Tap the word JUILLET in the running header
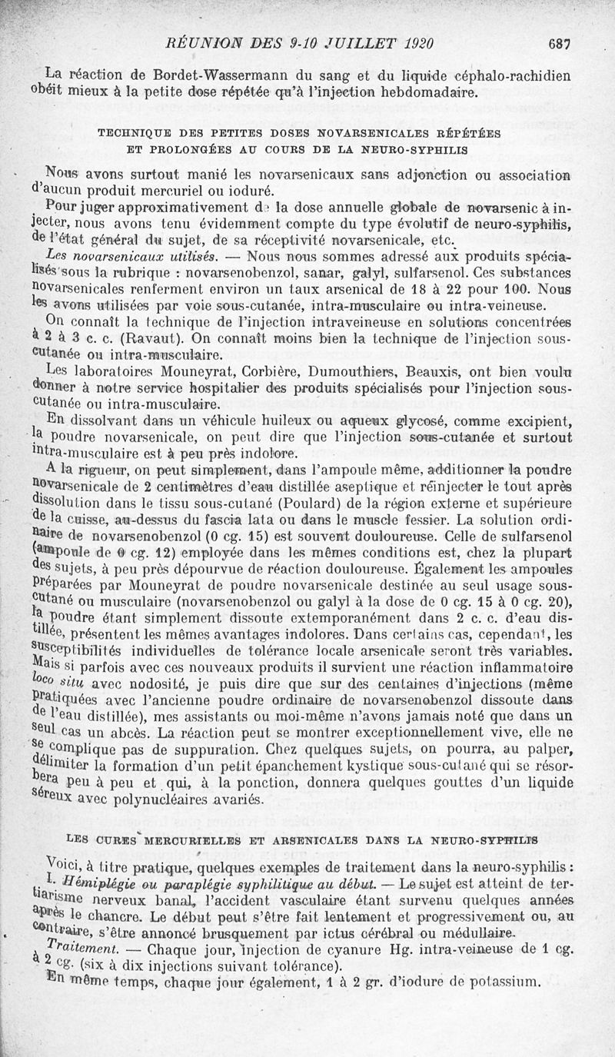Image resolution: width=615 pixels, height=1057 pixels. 361,45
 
